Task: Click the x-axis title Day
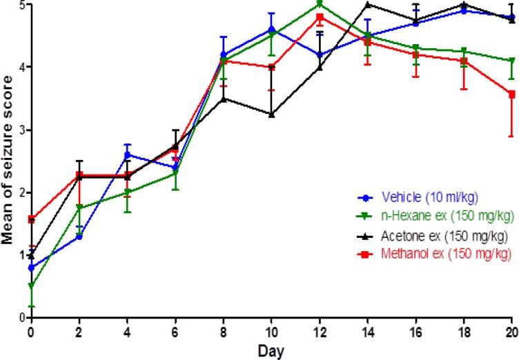(270, 350)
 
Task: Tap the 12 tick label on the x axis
(320, 332)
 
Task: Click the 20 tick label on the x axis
(511, 332)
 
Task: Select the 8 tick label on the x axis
(223, 332)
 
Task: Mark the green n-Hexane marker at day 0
(31, 286)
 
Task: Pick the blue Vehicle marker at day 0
(31, 267)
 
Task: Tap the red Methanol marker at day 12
(320, 17)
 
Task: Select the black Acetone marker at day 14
(368, 4)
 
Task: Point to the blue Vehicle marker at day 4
(128, 154)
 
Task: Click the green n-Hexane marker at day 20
(511, 61)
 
